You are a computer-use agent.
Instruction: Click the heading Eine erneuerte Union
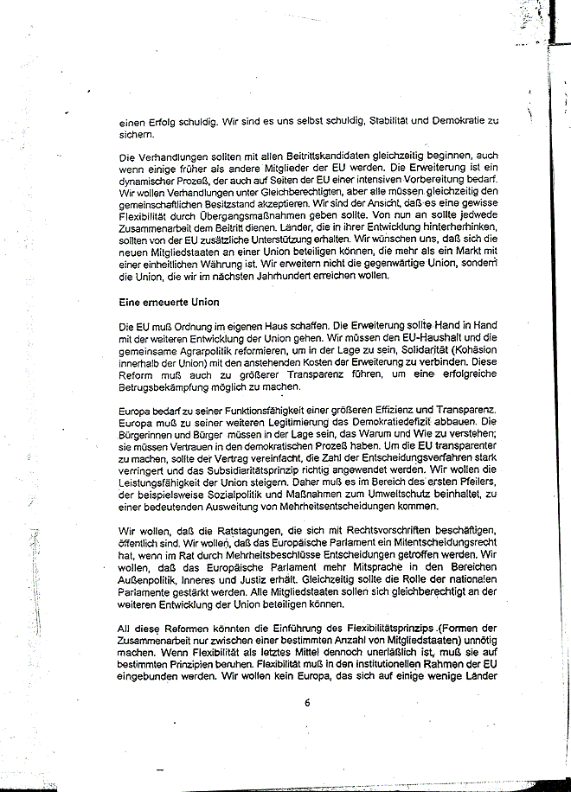168,303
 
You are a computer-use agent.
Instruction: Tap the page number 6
306,702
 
